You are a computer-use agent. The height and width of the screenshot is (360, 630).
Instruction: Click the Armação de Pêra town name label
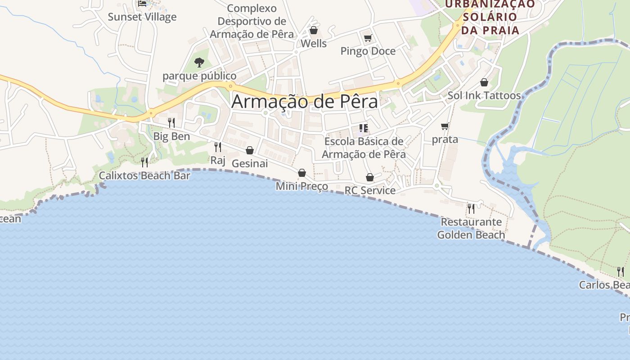(x=305, y=102)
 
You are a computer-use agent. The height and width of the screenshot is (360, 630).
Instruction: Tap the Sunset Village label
(x=142, y=17)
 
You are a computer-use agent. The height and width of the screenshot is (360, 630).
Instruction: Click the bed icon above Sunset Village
(x=142, y=4)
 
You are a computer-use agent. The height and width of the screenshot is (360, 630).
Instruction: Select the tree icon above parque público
(x=199, y=62)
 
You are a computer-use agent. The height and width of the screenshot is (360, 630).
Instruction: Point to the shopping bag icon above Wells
(x=314, y=30)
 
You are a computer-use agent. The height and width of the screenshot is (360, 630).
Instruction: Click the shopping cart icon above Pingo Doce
(x=368, y=38)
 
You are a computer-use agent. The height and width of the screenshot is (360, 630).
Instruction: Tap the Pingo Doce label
(x=368, y=51)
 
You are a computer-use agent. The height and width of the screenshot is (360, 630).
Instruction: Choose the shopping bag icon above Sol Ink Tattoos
(x=484, y=82)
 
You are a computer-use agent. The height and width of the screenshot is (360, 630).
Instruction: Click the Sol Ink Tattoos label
(x=484, y=95)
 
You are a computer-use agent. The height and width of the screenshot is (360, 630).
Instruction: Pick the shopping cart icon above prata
(x=445, y=126)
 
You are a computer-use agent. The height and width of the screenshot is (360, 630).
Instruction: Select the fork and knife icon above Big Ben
(x=171, y=122)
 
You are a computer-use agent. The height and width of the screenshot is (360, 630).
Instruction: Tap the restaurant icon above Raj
(x=218, y=147)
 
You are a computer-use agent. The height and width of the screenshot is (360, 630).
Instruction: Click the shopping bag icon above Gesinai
(x=250, y=150)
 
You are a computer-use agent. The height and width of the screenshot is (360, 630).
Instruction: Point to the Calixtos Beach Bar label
(x=144, y=175)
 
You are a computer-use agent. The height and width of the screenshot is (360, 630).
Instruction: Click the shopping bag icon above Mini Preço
(x=302, y=173)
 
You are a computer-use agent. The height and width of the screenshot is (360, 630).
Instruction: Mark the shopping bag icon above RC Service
(x=370, y=177)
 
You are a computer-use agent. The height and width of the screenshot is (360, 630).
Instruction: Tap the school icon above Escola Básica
(x=364, y=128)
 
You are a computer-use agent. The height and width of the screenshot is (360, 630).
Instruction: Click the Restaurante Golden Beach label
(x=471, y=228)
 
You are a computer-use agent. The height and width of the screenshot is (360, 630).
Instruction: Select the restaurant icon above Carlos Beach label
(x=621, y=271)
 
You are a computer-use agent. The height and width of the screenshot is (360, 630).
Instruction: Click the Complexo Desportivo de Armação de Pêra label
(x=252, y=21)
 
